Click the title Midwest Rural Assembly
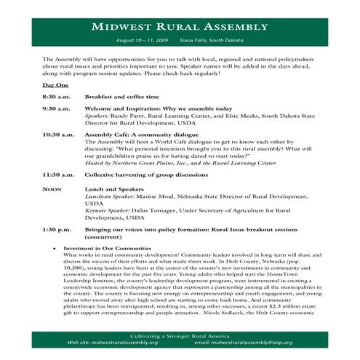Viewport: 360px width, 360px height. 179,27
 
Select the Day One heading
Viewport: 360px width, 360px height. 56,85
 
